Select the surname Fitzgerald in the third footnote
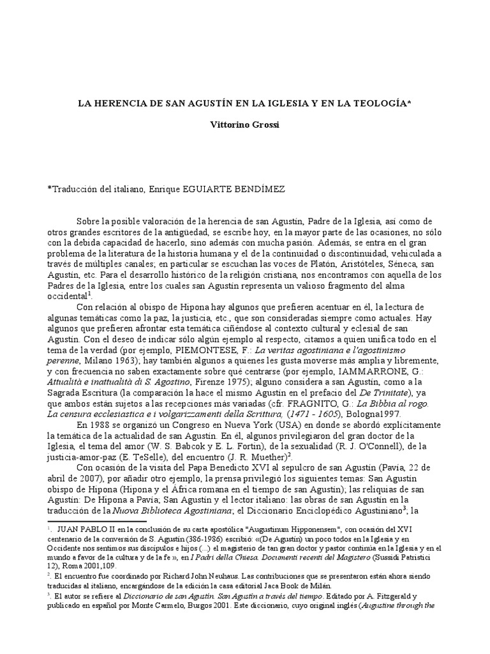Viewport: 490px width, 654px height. point(394,596)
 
